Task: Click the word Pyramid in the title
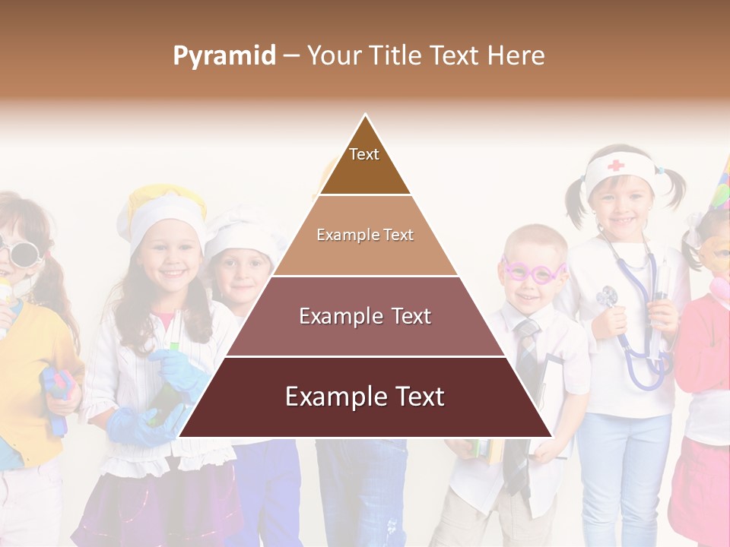(224, 56)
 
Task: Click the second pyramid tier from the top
(365, 236)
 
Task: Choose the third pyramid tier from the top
(365, 316)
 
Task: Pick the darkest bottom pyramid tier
(365, 397)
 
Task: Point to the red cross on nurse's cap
(615, 165)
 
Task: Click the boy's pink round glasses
(533, 270)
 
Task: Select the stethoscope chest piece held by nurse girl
(607, 297)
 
